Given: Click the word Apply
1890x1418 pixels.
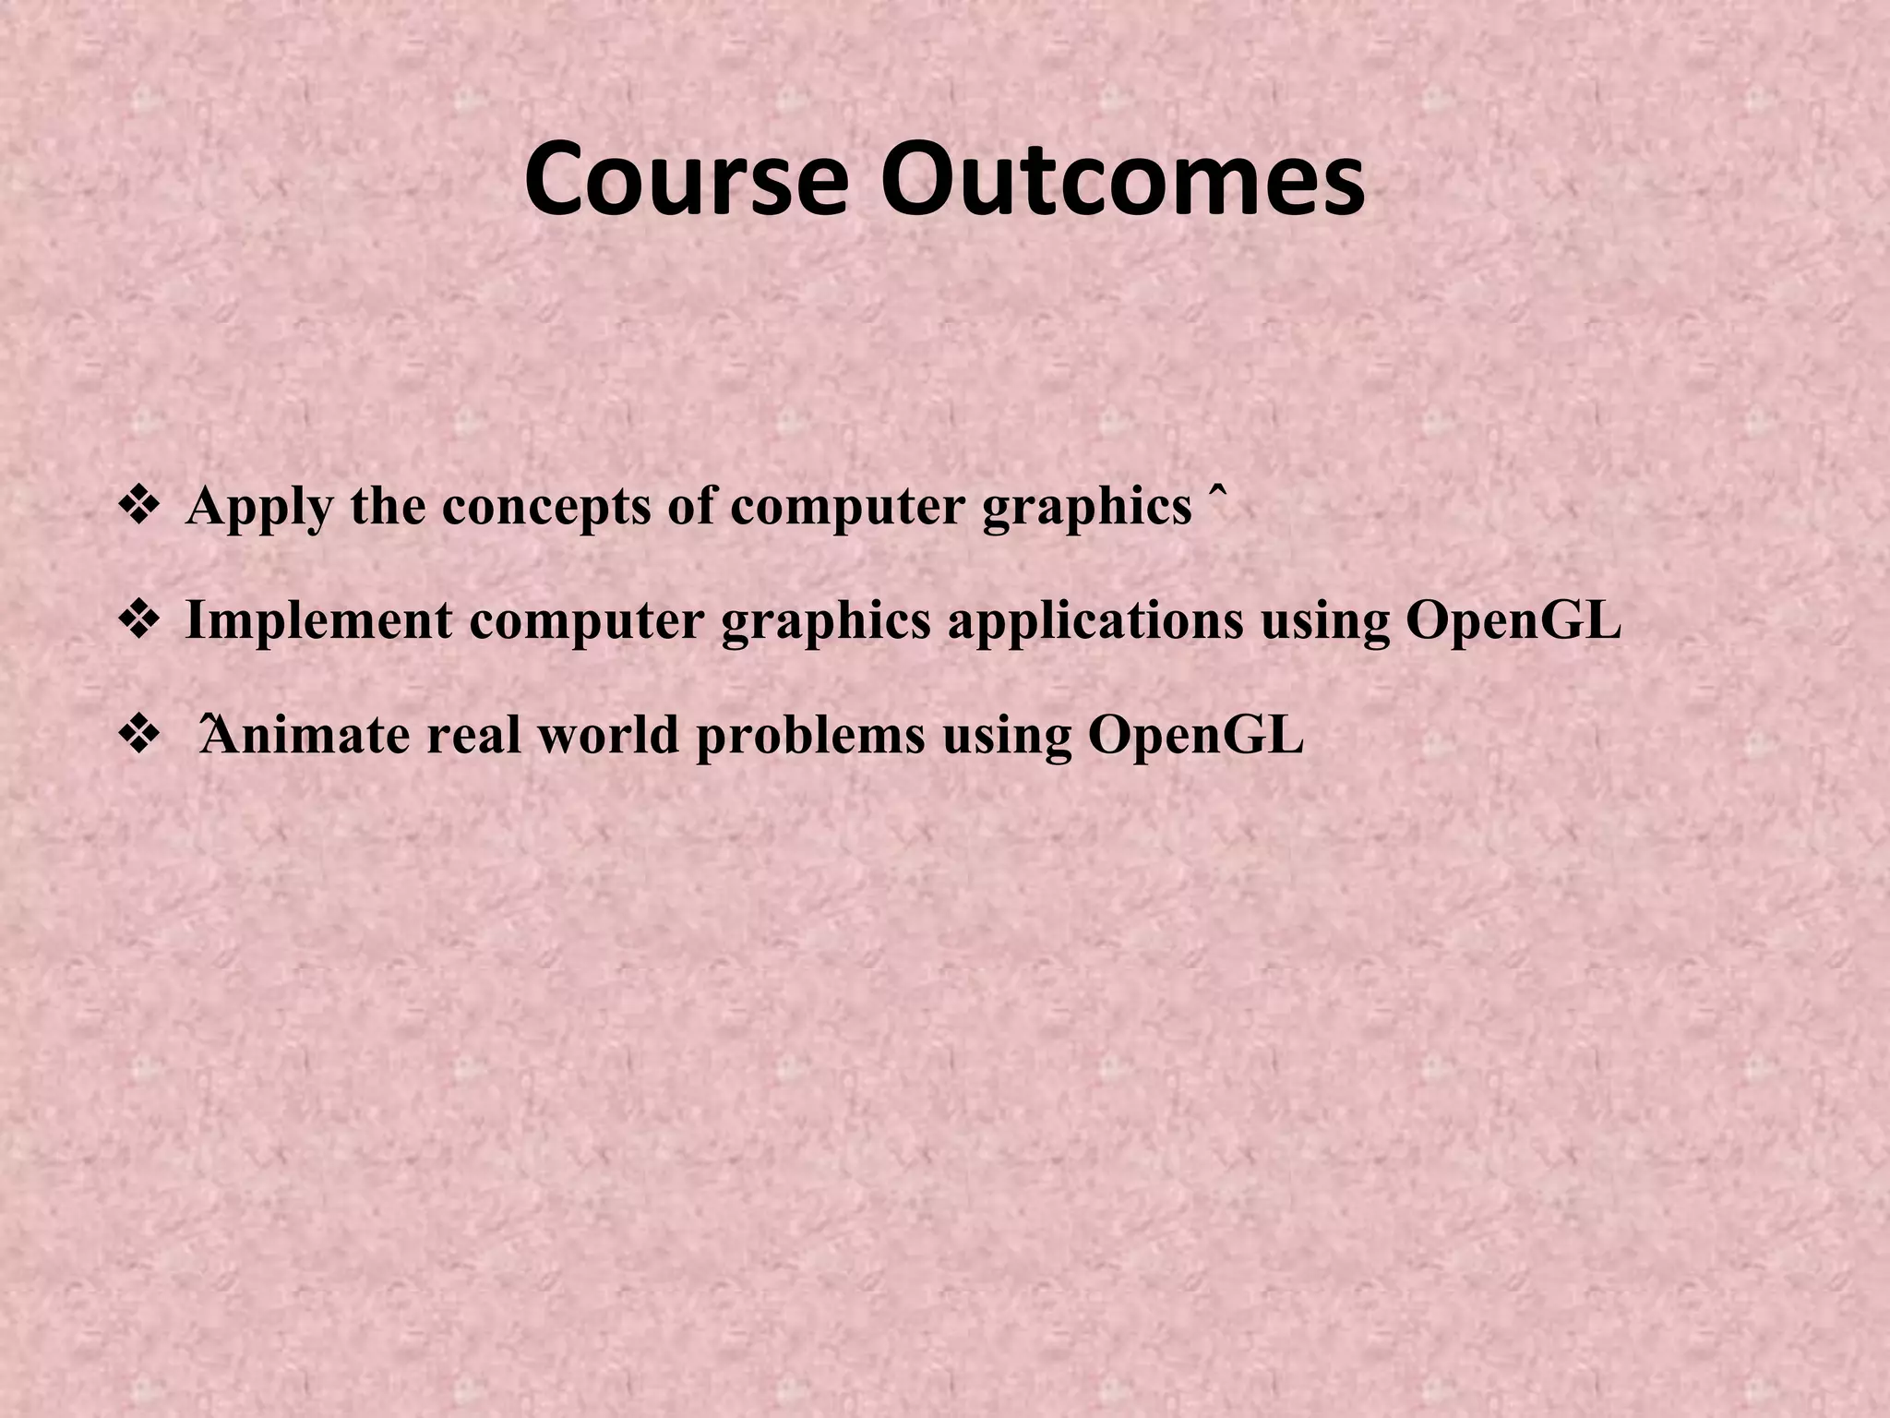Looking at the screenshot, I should tap(258, 509).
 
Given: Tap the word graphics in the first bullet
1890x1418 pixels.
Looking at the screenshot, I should tap(1087, 509).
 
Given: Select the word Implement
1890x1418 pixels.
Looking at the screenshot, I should tap(318, 620).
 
